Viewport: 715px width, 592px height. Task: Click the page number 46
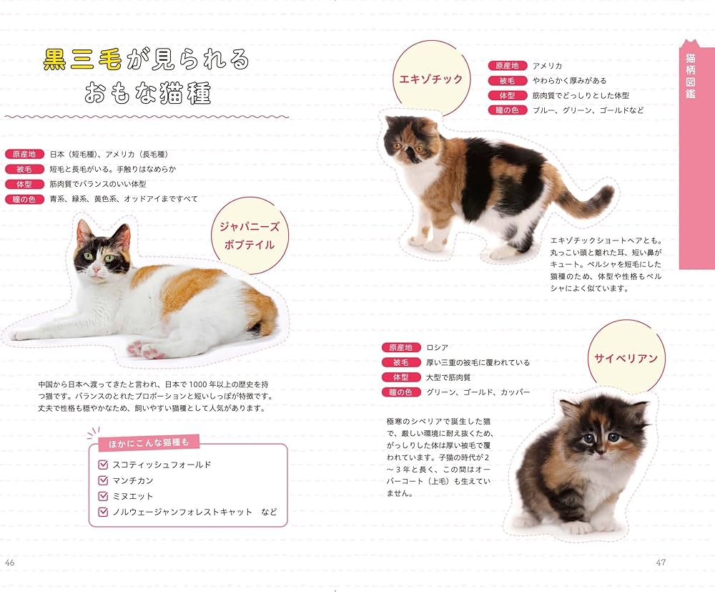tap(10, 563)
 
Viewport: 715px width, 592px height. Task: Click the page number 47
tap(661, 563)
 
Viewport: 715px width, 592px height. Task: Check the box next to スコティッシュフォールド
tap(103, 465)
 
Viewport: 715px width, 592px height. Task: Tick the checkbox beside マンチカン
tap(103, 480)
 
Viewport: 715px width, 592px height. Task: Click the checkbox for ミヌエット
tap(103, 496)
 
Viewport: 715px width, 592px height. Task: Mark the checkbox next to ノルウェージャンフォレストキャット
tap(103, 512)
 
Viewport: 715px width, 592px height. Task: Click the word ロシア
tap(437, 347)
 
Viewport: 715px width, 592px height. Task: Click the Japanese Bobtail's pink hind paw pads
tap(143, 349)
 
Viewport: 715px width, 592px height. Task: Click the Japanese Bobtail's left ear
tap(84, 231)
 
